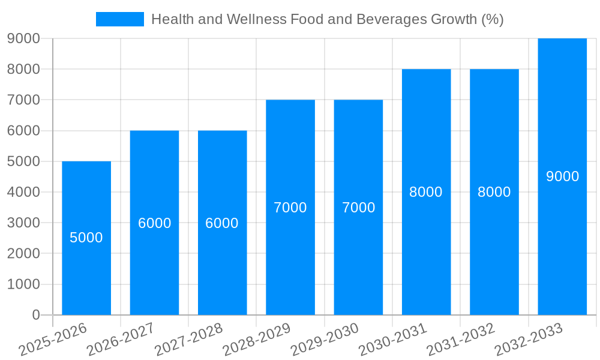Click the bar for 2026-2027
click(x=154, y=270)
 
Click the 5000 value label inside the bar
click(x=86, y=238)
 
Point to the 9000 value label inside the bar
click(x=562, y=176)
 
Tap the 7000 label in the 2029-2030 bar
click(x=358, y=208)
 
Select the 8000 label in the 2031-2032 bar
click(x=494, y=192)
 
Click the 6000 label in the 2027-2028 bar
click(x=222, y=223)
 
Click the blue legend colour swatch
click(x=120, y=19)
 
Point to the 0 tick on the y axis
click(x=36, y=315)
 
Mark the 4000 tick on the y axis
click(x=23, y=192)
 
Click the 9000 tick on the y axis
click(x=23, y=38)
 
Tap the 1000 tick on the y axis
click(x=23, y=284)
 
